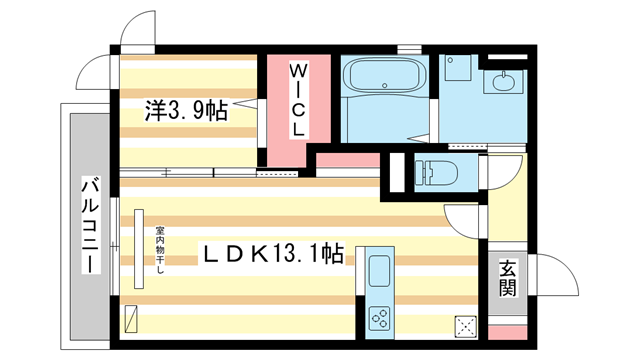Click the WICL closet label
tap(298, 100)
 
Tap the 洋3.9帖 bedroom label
tap(186, 111)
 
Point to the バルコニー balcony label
tap(91, 225)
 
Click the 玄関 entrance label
tap(508, 278)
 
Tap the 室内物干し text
tap(158, 250)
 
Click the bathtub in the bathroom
tap(384, 75)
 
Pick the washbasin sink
tap(504, 82)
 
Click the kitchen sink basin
tap(380, 271)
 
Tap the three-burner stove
tap(380, 318)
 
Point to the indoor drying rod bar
tap(139, 249)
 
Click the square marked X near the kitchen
tap(466, 326)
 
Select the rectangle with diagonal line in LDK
tap(131, 319)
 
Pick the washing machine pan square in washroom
tap(458, 68)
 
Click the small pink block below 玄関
tap(508, 333)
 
